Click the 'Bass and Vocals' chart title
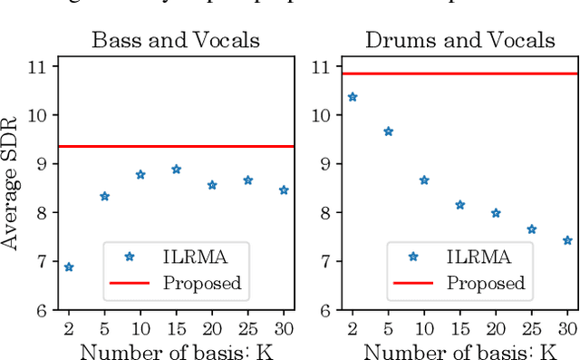pos(175,40)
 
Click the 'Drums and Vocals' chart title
pos(459,40)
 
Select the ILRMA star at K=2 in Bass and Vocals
pos(69,267)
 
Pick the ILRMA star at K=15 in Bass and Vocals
pos(176,170)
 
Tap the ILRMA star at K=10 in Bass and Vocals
pos(140,174)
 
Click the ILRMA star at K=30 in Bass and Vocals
pos(283,190)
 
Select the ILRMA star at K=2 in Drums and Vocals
pos(353,97)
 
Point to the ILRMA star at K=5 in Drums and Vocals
pos(388,131)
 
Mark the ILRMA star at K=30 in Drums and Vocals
pos(566,240)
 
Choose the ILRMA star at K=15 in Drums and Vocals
pos(459,205)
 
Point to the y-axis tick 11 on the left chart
pos(39,66)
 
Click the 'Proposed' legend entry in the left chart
pos(202,283)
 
